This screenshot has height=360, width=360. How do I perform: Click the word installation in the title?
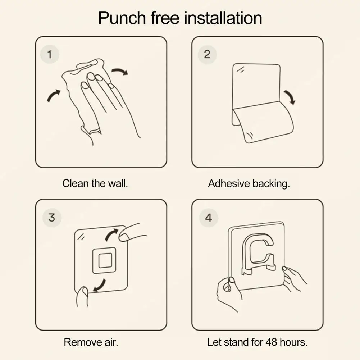[x=223, y=18]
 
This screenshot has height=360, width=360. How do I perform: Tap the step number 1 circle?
[x=50, y=55]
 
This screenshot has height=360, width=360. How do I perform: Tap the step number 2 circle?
[x=207, y=55]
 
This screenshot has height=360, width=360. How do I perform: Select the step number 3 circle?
[x=51, y=218]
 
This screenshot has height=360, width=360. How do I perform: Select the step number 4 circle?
[x=208, y=218]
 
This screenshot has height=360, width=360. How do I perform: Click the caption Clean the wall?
[x=95, y=183]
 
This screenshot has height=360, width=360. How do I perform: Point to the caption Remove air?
[x=91, y=342]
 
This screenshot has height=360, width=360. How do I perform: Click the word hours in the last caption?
[x=293, y=342]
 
